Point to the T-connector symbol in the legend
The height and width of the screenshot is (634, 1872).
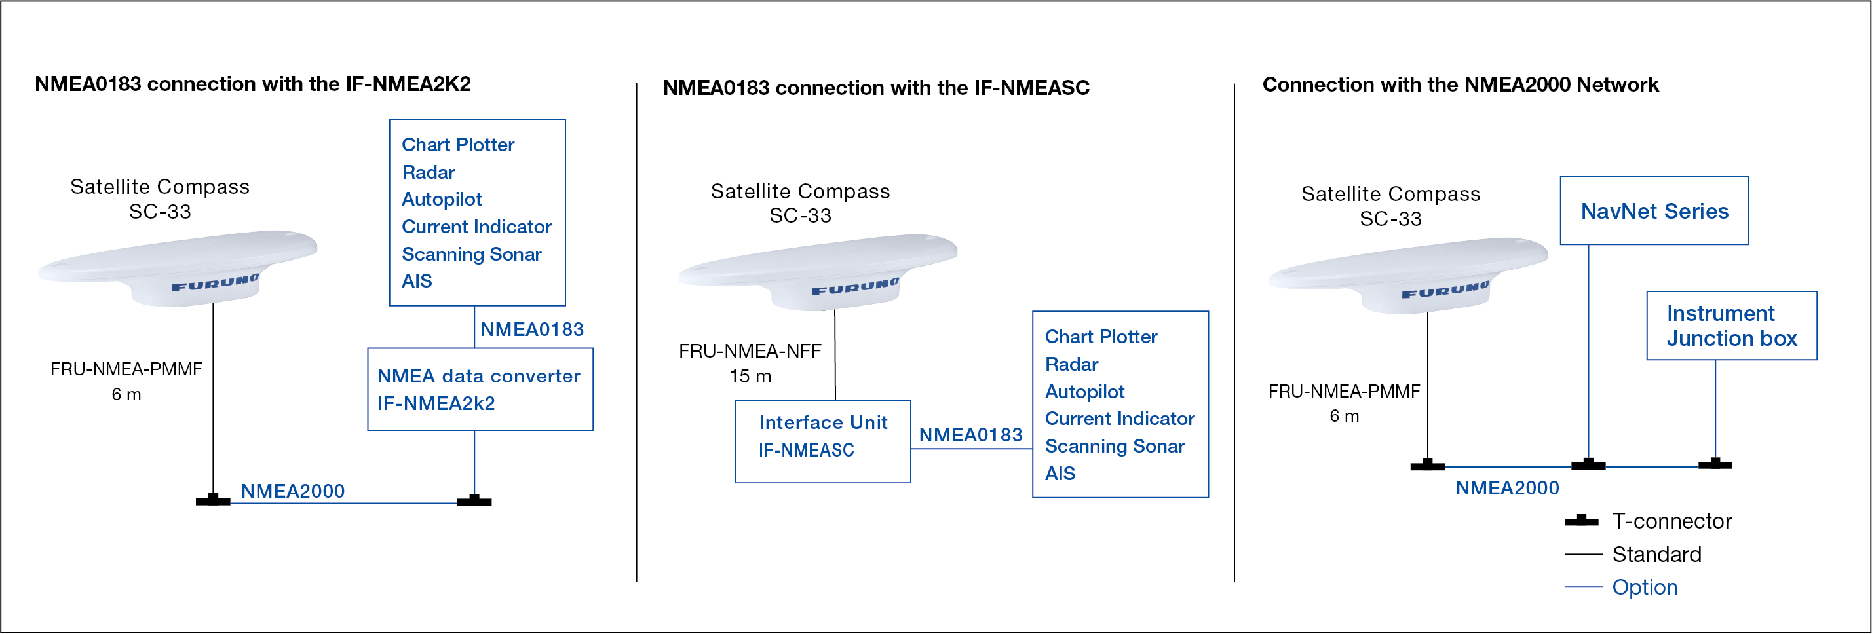[x=1581, y=521]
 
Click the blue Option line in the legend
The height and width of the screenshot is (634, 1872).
[x=1583, y=587]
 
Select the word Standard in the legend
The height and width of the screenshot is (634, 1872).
[x=1657, y=554]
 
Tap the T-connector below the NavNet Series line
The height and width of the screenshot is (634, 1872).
[x=1588, y=464]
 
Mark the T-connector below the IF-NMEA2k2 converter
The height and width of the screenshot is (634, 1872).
[x=474, y=500]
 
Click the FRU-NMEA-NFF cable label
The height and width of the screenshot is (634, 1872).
[x=750, y=351]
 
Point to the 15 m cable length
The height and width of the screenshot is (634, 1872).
[x=751, y=376]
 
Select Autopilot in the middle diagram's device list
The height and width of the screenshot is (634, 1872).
[x=1084, y=392]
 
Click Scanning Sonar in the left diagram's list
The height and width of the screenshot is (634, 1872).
[x=472, y=254]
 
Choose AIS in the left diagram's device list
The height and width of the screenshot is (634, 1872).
[x=417, y=281]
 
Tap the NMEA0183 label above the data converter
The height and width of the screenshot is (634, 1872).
[x=532, y=329]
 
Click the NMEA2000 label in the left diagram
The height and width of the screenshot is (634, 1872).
[x=293, y=491]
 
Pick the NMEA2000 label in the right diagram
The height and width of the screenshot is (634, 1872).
[x=1507, y=488]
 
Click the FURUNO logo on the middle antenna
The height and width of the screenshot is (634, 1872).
[x=855, y=287]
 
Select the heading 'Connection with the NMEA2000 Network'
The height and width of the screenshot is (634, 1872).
[x=1461, y=84]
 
